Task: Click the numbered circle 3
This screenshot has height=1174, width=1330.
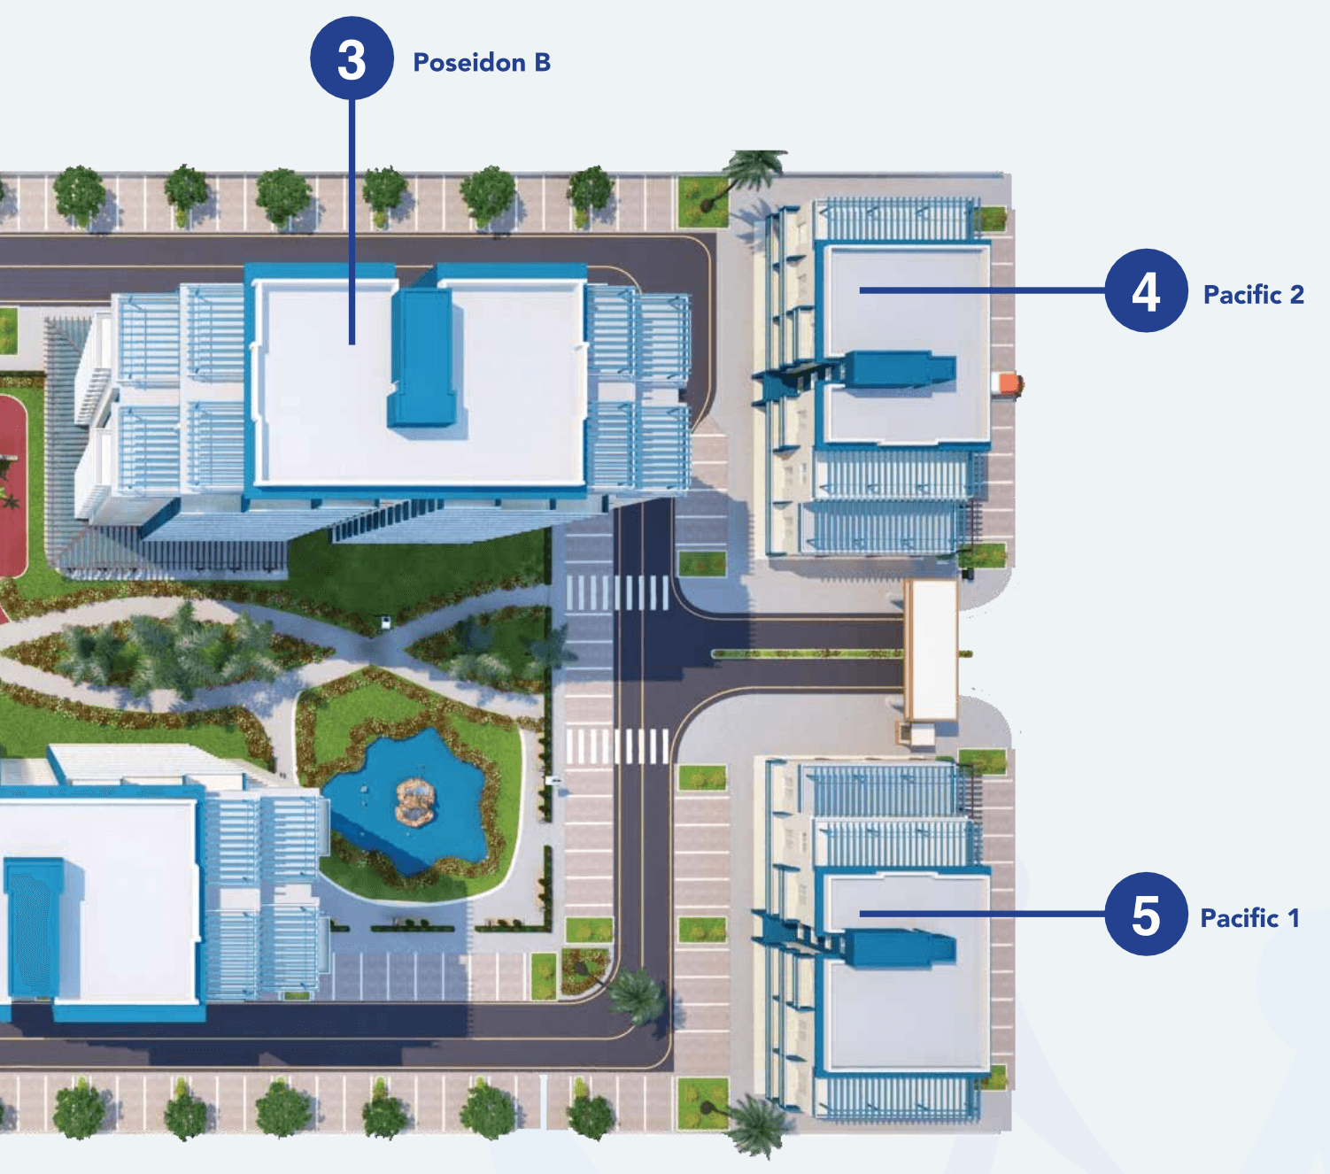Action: coord(352,58)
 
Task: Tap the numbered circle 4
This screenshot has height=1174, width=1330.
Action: coord(1146,290)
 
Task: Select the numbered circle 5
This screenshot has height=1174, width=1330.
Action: coord(1146,914)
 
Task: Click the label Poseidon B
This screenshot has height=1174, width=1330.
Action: coord(482,62)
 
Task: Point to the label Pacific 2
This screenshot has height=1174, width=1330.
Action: coord(1254,295)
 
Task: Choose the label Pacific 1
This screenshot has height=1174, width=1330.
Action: coord(1250,918)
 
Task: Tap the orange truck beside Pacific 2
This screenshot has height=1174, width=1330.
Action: coord(1009,384)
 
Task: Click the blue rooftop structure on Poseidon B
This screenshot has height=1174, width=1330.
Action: coord(422,358)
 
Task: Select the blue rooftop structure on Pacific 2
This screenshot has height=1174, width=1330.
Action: coord(900,370)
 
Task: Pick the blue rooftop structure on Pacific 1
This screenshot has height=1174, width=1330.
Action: coord(900,946)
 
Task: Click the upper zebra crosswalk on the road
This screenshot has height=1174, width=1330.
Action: coord(617,593)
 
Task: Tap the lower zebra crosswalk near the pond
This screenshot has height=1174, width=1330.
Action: coord(617,745)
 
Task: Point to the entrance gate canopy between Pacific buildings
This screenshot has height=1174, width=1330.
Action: coord(931,651)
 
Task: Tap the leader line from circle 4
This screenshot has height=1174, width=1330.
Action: coord(983,290)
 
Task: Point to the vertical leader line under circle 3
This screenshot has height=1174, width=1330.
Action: coord(352,221)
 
